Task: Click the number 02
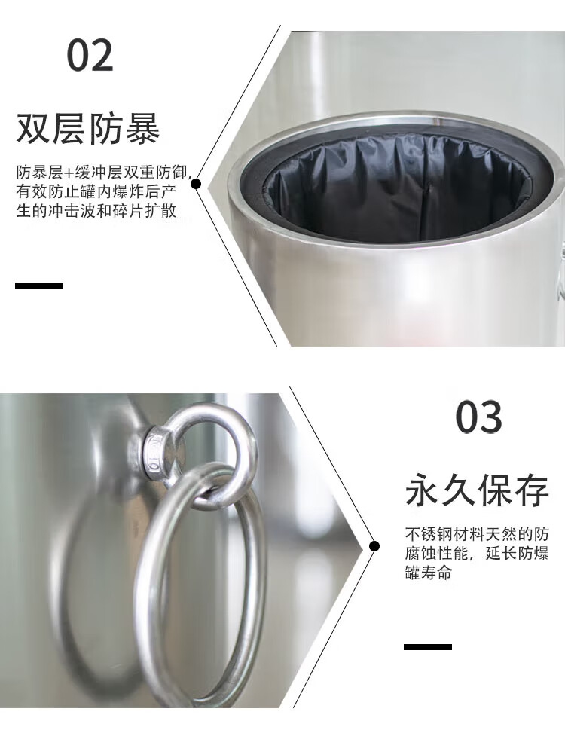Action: pos(90,55)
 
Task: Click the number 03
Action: pos(479,417)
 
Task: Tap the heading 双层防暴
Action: pos(88,127)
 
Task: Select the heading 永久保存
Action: pos(477,490)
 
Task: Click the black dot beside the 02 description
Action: pos(196,184)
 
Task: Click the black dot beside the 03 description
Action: pos(374,546)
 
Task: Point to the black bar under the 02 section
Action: pos(39,286)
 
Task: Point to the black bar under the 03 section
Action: pos(428,646)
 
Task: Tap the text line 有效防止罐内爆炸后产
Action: pos(96,191)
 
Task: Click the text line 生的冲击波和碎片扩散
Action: pos(96,210)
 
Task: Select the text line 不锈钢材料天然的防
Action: pos(477,534)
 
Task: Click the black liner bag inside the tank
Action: pos(399,191)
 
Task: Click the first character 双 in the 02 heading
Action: pos(33,128)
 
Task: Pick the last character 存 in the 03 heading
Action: pos(532,490)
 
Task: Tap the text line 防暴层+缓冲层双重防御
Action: pos(103,173)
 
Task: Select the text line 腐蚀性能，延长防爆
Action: pos(477,553)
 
